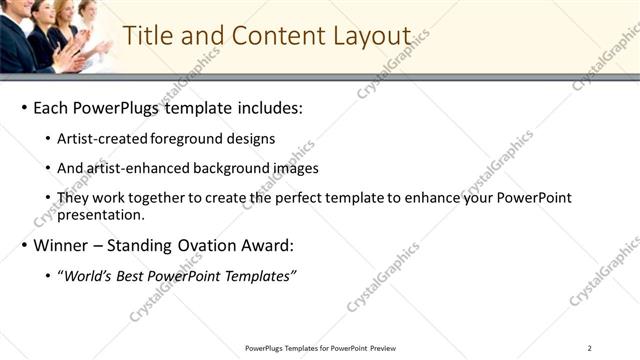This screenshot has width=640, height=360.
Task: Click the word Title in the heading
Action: (147, 35)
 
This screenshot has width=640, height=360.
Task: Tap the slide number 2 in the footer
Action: (589, 348)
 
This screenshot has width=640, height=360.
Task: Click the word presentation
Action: (101, 214)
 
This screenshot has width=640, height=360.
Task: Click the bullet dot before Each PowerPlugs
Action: (23, 107)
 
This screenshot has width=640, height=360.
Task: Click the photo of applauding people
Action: (55, 36)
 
